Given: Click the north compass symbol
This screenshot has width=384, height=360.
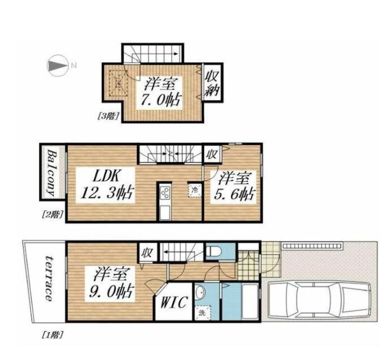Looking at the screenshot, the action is pos(58,66).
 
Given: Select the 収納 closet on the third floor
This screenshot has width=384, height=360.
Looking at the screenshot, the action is pos(212,82).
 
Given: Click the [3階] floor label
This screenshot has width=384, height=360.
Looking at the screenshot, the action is pos(108,116).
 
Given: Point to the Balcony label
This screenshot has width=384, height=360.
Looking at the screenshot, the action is pos(53,173).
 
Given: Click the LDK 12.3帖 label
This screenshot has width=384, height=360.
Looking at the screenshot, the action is pos(106,185).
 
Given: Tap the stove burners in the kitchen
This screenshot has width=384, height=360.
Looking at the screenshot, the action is pos(165,192).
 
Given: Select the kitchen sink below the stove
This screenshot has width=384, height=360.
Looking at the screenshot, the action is pos(165,213).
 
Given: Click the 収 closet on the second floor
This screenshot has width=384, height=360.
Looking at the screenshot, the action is pos(212,154).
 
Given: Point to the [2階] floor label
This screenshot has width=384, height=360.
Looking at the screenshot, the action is pos(52,215).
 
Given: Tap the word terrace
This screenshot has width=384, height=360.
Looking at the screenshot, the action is pos(48,279).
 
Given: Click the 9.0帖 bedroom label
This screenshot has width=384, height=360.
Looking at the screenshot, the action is pos(110,284).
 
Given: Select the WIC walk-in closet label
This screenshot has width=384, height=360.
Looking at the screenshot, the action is pos(174,302).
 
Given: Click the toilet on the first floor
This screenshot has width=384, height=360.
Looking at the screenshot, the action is pos(214,251).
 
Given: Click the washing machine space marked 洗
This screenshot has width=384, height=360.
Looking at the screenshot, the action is pos(202,313).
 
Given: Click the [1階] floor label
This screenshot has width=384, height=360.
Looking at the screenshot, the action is pos(53,334).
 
